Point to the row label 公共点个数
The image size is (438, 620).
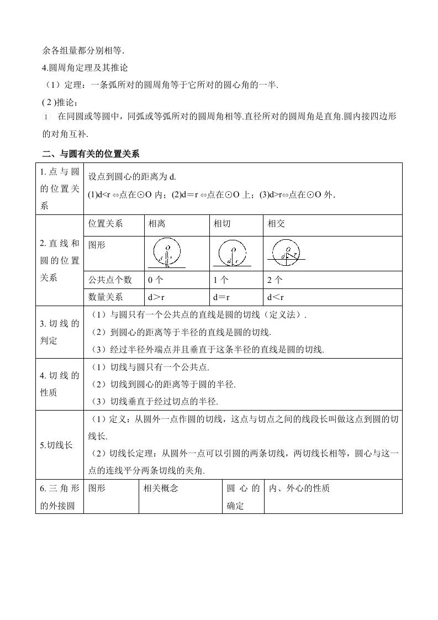click(x=109, y=280)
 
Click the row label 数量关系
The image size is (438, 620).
click(x=105, y=297)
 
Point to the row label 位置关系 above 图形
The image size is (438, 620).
click(x=105, y=224)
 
